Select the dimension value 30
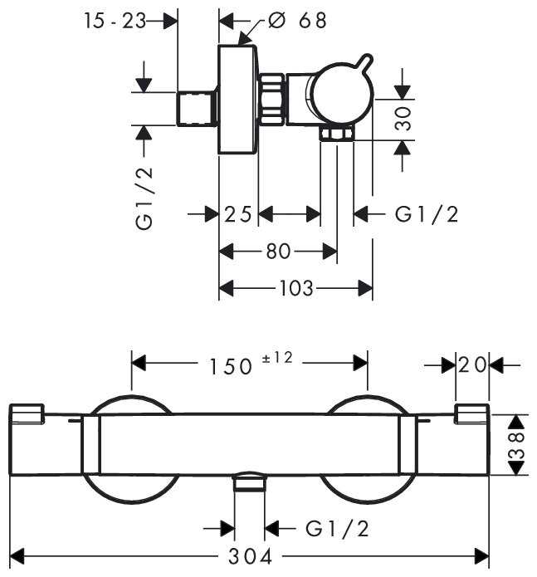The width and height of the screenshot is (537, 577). (403, 120)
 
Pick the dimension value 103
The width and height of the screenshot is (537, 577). (295, 288)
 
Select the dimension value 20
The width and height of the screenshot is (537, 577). (472, 364)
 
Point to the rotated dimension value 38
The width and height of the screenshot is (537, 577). (517, 444)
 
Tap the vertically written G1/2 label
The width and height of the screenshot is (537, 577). (145, 197)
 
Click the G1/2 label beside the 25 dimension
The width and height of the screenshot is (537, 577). (427, 214)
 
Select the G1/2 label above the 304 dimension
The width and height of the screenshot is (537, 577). (337, 527)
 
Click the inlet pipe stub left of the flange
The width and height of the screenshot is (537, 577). (198, 108)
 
